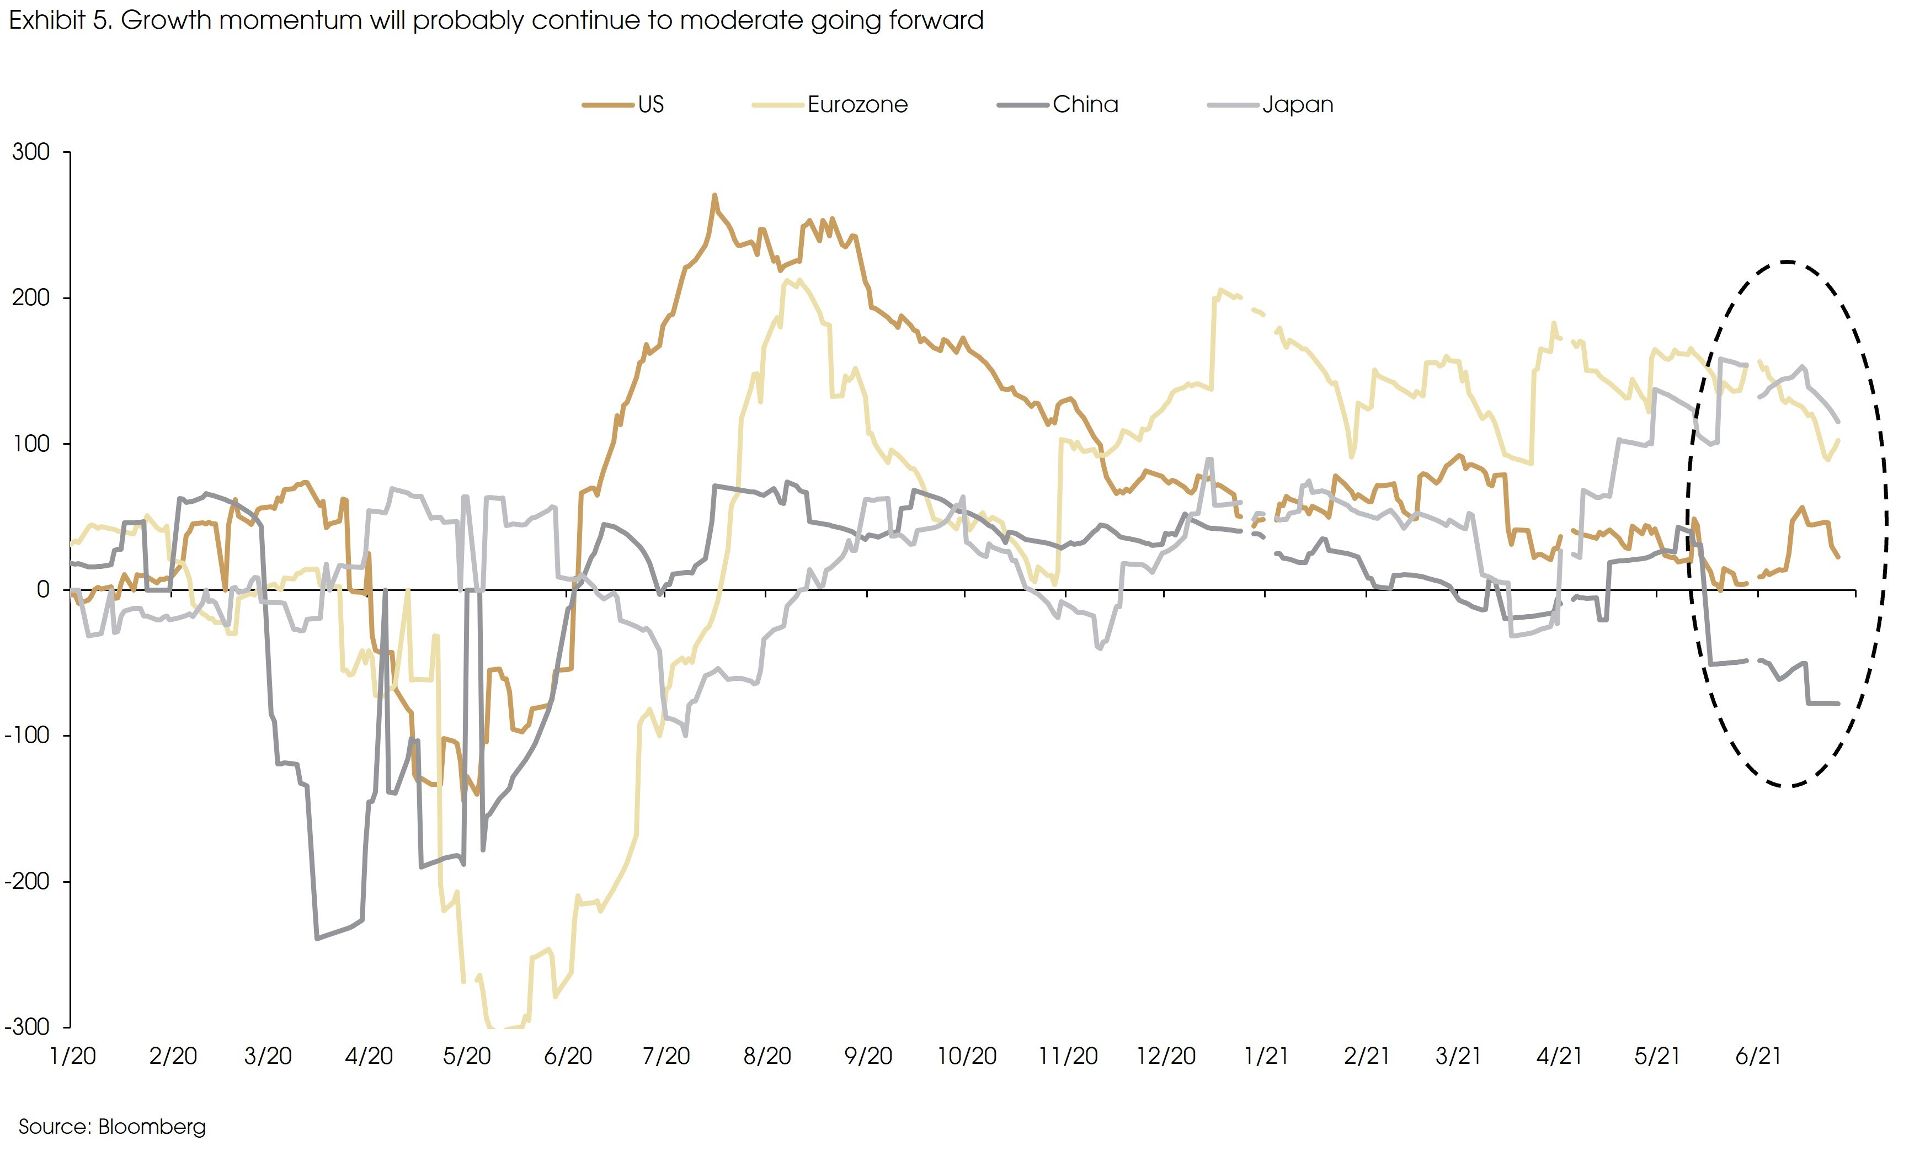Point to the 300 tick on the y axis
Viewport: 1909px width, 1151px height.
tap(31, 152)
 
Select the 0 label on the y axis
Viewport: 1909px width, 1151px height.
tap(44, 590)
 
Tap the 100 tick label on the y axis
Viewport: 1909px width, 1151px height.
tap(31, 444)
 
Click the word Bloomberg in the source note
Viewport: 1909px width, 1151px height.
tap(152, 1127)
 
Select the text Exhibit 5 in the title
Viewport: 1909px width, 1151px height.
tap(59, 20)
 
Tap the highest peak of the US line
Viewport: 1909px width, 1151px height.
tap(714, 195)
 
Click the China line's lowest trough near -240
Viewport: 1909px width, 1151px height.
tap(317, 939)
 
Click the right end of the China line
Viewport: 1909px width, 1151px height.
tap(1838, 704)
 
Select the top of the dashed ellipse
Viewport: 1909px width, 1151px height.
tap(1786, 262)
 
